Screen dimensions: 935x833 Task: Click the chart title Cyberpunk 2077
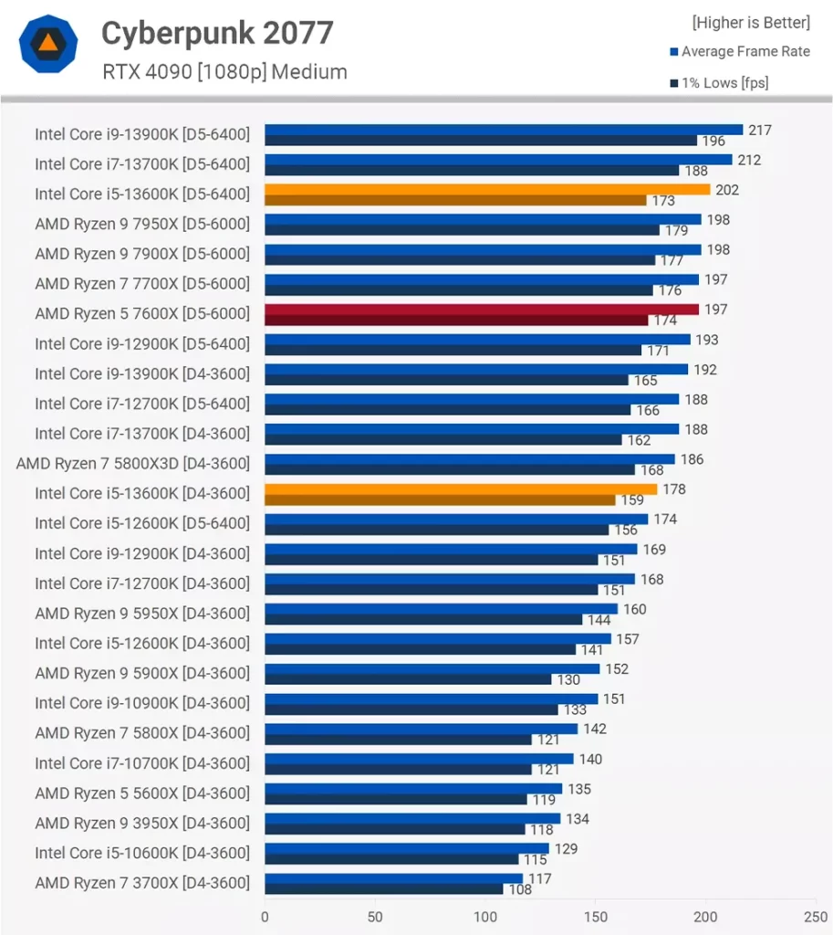[217, 34]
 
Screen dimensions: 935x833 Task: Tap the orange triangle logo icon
[47, 44]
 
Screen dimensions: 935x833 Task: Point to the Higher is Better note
[750, 22]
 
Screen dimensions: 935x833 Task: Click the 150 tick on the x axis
[595, 916]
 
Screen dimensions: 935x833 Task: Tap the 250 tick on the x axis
[815, 916]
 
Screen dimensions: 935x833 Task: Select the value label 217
[760, 130]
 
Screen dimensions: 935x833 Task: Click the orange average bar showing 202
[487, 189]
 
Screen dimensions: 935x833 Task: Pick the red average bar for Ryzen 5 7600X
[482, 310]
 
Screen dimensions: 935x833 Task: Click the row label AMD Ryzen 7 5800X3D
[132, 464]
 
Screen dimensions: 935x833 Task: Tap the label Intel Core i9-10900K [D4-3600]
[141, 703]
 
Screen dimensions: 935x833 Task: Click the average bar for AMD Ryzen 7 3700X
[393, 878]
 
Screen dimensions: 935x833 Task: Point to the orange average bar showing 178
[461, 489]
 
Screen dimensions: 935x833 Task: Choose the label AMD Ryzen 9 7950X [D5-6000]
[141, 224]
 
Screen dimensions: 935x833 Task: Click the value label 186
[692, 459]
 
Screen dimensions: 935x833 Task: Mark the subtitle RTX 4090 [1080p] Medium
[224, 71]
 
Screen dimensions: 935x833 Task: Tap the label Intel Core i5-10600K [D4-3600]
[141, 853]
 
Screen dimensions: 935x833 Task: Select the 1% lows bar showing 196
[481, 141]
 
